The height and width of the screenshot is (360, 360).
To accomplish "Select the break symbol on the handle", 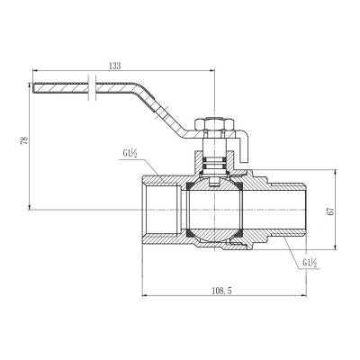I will pyautogui.click(x=92, y=87).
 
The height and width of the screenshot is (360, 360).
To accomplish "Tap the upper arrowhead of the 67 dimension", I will pyautogui.click(x=338, y=168).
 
